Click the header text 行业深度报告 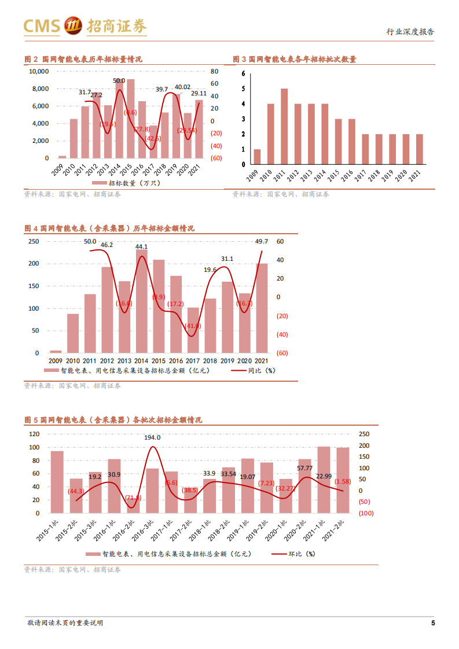coord(410,32)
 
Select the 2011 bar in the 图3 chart coord(284,127)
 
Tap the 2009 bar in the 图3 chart coord(257,157)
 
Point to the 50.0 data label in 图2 coord(119,81)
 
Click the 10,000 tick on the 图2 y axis coord(39,71)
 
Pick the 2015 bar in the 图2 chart coord(131,119)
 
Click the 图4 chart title coord(109,228)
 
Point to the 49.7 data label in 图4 coord(261,241)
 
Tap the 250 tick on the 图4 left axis coord(34,241)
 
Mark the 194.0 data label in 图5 coord(152,437)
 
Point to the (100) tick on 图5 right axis coord(365,513)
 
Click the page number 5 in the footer coord(432,623)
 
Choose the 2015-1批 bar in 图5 coord(57,482)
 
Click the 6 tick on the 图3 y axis coord(244,73)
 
